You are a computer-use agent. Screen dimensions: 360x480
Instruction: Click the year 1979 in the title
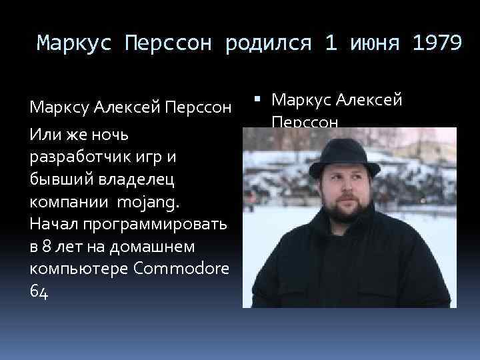click(x=437, y=44)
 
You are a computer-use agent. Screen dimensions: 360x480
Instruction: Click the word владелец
click(x=126, y=179)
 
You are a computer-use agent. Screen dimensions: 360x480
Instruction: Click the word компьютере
click(x=70, y=269)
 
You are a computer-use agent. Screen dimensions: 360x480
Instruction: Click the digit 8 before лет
click(x=46, y=246)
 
